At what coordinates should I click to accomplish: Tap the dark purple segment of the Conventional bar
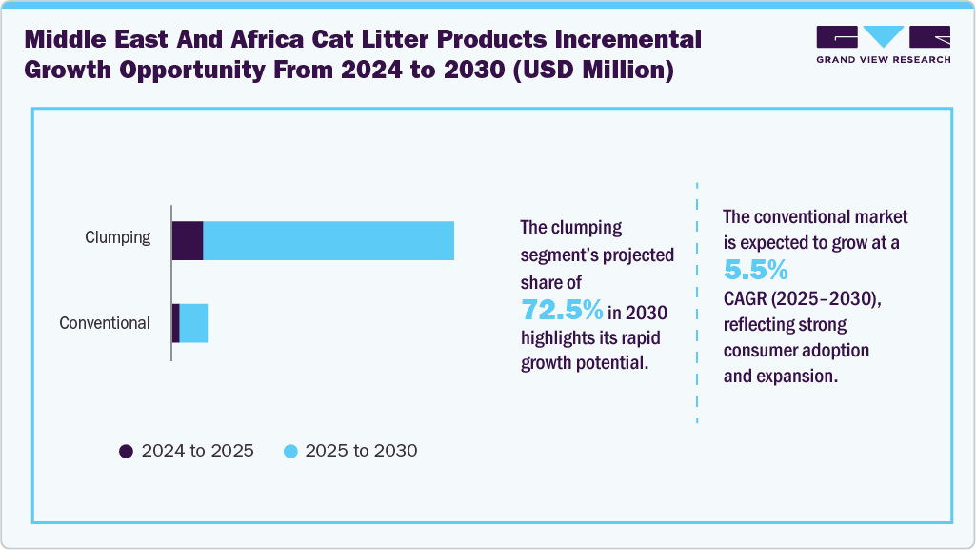click(x=176, y=323)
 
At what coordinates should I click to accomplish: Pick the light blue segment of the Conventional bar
click(x=193, y=323)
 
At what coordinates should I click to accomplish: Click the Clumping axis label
click(x=117, y=238)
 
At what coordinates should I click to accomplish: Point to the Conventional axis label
click(x=105, y=323)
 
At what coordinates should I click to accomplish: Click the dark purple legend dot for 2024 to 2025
click(x=126, y=451)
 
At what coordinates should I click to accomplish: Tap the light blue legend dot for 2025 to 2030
click(x=289, y=451)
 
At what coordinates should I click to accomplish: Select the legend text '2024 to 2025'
click(x=197, y=451)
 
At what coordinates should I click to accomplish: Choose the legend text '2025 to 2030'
click(x=361, y=451)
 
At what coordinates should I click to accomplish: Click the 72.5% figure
click(x=562, y=310)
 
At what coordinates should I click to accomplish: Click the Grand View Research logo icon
click(x=883, y=37)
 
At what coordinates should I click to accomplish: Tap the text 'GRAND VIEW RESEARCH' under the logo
click(x=883, y=59)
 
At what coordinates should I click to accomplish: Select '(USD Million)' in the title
click(x=592, y=71)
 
